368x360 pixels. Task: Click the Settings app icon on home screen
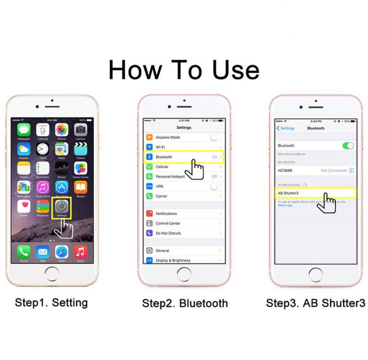pyautogui.click(x=62, y=207)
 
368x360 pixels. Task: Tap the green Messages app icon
pyautogui.click(x=24, y=129)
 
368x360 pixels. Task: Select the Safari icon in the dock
pyautogui.click(x=62, y=251)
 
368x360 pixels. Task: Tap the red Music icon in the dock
pyautogui.click(x=81, y=251)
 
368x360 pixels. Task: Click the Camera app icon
pyautogui.click(x=81, y=129)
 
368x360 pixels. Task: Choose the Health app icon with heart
pyautogui.click(x=24, y=207)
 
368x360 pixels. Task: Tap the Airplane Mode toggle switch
pyautogui.click(x=216, y=137)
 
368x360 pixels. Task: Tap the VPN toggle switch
pyautogui.click(x=216, y=187)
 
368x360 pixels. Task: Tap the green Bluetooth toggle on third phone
pyautogui.click(x=348, y=145)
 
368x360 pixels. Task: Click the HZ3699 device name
pyautogui.click(x=285, y=170)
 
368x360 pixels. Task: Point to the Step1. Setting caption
pyautogui.click(x=51, y=302)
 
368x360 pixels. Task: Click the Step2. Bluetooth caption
pyautogui.click(x=184, y=303)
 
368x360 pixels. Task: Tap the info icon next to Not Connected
pyautogui.click(x=352, y=170)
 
